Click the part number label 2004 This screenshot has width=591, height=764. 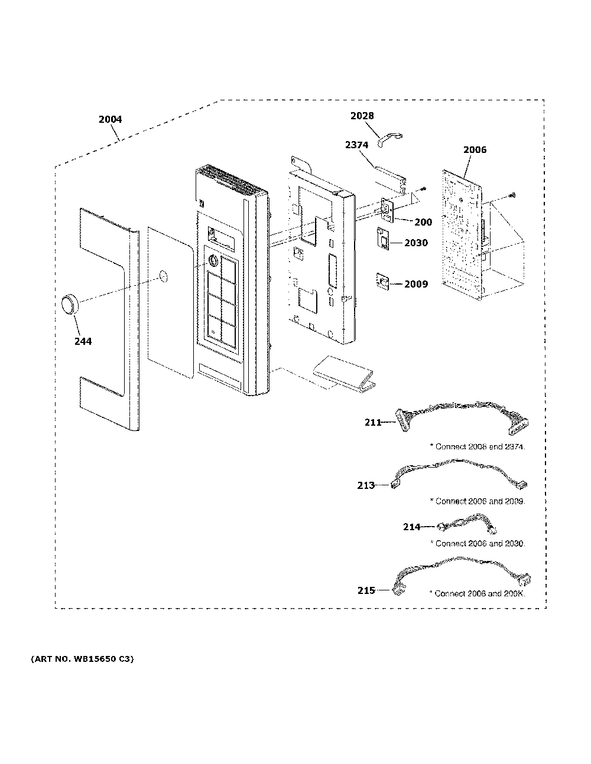click(110, 119)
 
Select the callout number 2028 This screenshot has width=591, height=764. click(362, 116)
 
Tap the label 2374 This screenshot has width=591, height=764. click(357, 145)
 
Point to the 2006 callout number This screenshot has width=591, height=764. click(475, 150)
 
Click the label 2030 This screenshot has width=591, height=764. click(416, 243)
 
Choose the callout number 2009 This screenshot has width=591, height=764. click(416, 284)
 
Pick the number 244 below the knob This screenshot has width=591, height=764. click(83, 341)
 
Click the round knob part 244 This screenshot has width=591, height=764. click(70, 304)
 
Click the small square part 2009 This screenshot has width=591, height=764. click(383, 281)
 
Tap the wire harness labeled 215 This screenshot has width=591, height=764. click(462, 576)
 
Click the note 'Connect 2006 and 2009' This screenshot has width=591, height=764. click(478, 501)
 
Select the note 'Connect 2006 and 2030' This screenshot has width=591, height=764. click(478, 544)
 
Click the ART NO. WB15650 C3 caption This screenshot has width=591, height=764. click(82, 659)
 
